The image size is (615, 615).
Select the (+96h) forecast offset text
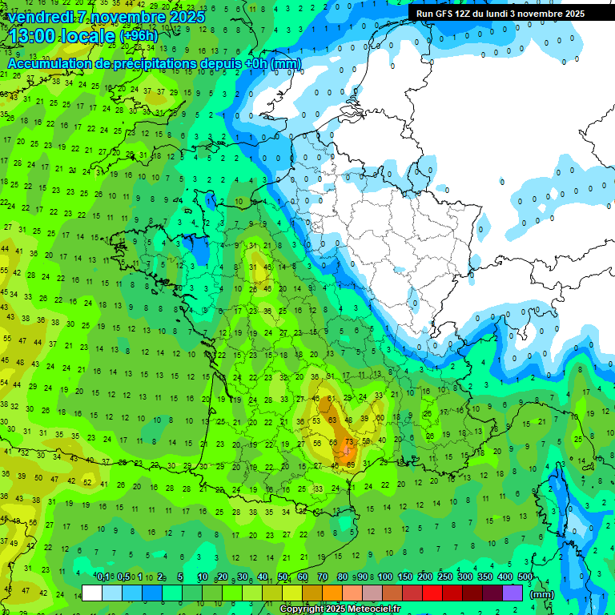coord(139,36)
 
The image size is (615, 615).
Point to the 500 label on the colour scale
coord(525,577)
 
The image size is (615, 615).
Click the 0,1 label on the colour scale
coord(104,577)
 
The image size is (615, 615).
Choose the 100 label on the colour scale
coord(385,577)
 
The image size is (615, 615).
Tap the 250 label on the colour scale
coord(445,577)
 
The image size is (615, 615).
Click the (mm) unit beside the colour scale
coord(543,593)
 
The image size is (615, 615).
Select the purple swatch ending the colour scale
coord(512,593)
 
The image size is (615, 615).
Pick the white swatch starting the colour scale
coord(92,593)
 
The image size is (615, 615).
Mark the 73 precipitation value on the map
coord(348,442)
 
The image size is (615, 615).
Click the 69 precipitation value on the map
coord(350,464)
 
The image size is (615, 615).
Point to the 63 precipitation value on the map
coord(332,420)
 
